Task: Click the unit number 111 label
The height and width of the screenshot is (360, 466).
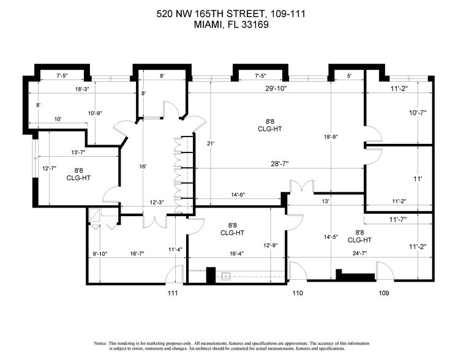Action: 173,293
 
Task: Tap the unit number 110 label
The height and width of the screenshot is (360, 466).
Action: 298,293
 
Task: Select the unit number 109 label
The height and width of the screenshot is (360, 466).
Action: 383,293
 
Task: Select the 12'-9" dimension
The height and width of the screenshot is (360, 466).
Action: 271,246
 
